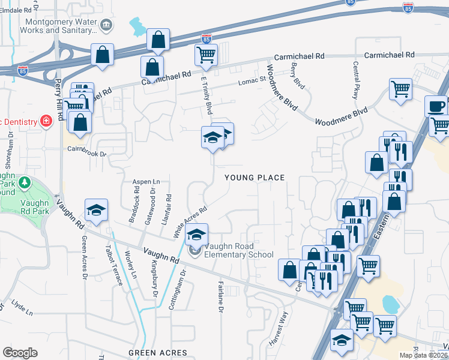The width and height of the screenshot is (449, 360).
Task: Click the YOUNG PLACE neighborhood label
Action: (x=254, y=177)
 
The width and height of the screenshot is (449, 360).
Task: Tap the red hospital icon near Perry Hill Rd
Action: (x=46, y=121)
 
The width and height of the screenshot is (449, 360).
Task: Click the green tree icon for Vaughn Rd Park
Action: (x=25, y=181)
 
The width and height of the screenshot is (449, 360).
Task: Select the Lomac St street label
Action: (x=252, y=79)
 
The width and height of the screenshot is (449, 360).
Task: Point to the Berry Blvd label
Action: (x=298, y=76)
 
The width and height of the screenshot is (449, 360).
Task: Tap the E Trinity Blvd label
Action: (x=205, y=96)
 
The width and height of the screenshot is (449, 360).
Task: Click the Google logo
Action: (x=20, y=353)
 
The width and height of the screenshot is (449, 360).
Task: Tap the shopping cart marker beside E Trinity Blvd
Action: (x=206, y=55)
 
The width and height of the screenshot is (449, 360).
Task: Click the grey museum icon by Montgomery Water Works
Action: (x=106, y=25)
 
